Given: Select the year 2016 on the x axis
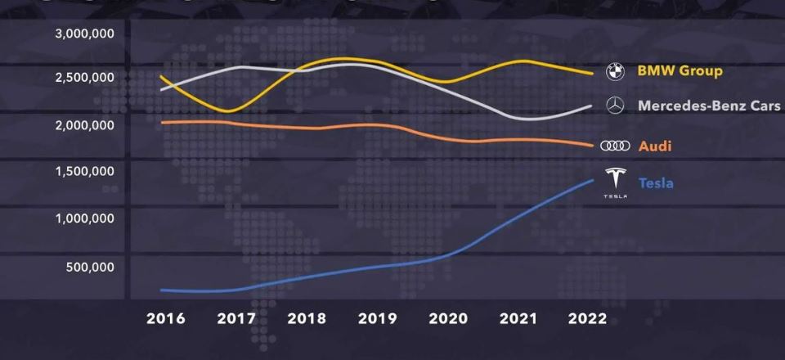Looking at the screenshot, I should [165, 318].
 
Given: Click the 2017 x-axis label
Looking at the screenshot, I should [235, 318].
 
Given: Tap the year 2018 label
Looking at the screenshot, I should [307, 318].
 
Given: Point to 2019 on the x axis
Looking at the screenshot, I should [378, 318].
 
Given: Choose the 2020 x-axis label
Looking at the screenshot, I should [447, 318].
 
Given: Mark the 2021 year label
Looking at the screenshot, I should [518, 318].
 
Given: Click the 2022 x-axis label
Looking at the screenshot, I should [589, 318].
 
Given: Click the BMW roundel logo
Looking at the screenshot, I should [614, 72].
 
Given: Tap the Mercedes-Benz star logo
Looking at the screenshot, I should [614, 106].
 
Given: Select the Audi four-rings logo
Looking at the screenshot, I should [614, 146].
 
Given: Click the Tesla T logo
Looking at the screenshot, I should [615, 181].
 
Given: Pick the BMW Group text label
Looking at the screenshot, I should [680, 71].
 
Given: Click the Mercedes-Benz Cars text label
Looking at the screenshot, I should [709, 106].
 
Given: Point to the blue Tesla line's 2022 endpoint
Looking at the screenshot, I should [593, 180].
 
